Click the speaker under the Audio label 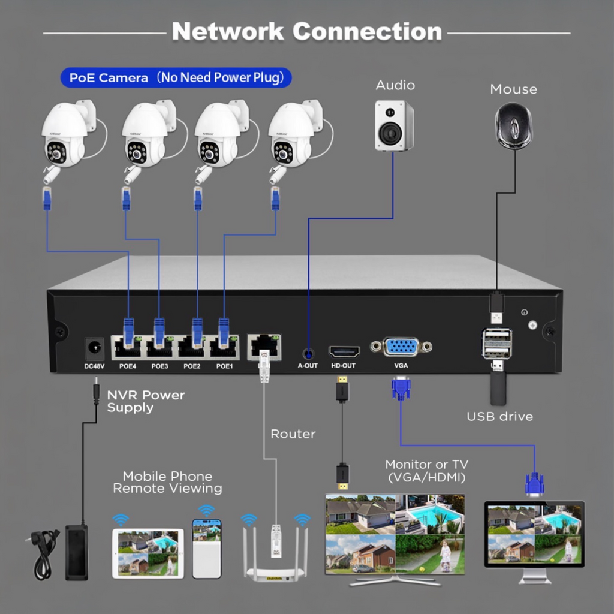coord(394,125)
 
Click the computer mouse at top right coord(513,125)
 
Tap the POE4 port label coord(128,366)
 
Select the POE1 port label coord(224,366)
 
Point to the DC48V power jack coord(95,348)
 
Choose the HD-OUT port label coord(344,365)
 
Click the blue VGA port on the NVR coord(401,347)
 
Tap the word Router coord(293,434)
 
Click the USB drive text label coord(499,416)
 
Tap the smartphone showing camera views coord(206,548)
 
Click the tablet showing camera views coord(148,553)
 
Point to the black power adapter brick coord(77,552)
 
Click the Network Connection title coord(306,31)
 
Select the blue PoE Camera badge coord(176,77)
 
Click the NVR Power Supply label coord(146,401)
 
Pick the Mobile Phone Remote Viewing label coord(167,483)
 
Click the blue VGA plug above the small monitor coord(534,483)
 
